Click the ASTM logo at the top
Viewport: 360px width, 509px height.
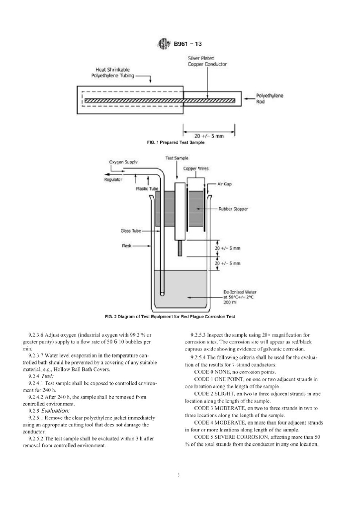164,44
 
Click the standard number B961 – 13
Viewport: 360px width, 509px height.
188,44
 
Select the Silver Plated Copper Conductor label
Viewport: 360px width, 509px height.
207,61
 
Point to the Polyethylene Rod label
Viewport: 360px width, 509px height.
270,98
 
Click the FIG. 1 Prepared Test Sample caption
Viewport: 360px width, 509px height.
176,143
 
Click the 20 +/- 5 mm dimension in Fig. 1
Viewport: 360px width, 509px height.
209,136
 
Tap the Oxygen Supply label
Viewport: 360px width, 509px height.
123,162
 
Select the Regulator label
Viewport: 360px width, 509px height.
113,179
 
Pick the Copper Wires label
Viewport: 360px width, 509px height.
196,169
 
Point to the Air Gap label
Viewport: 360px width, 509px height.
225,184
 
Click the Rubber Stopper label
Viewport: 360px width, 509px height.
233,209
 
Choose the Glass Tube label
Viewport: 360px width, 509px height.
131,231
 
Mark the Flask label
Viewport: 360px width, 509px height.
127,246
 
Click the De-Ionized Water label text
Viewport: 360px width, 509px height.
240,292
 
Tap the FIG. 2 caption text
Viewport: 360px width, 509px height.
170,317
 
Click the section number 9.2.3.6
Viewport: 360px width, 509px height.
36,335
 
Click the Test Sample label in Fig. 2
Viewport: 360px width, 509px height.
177,158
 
